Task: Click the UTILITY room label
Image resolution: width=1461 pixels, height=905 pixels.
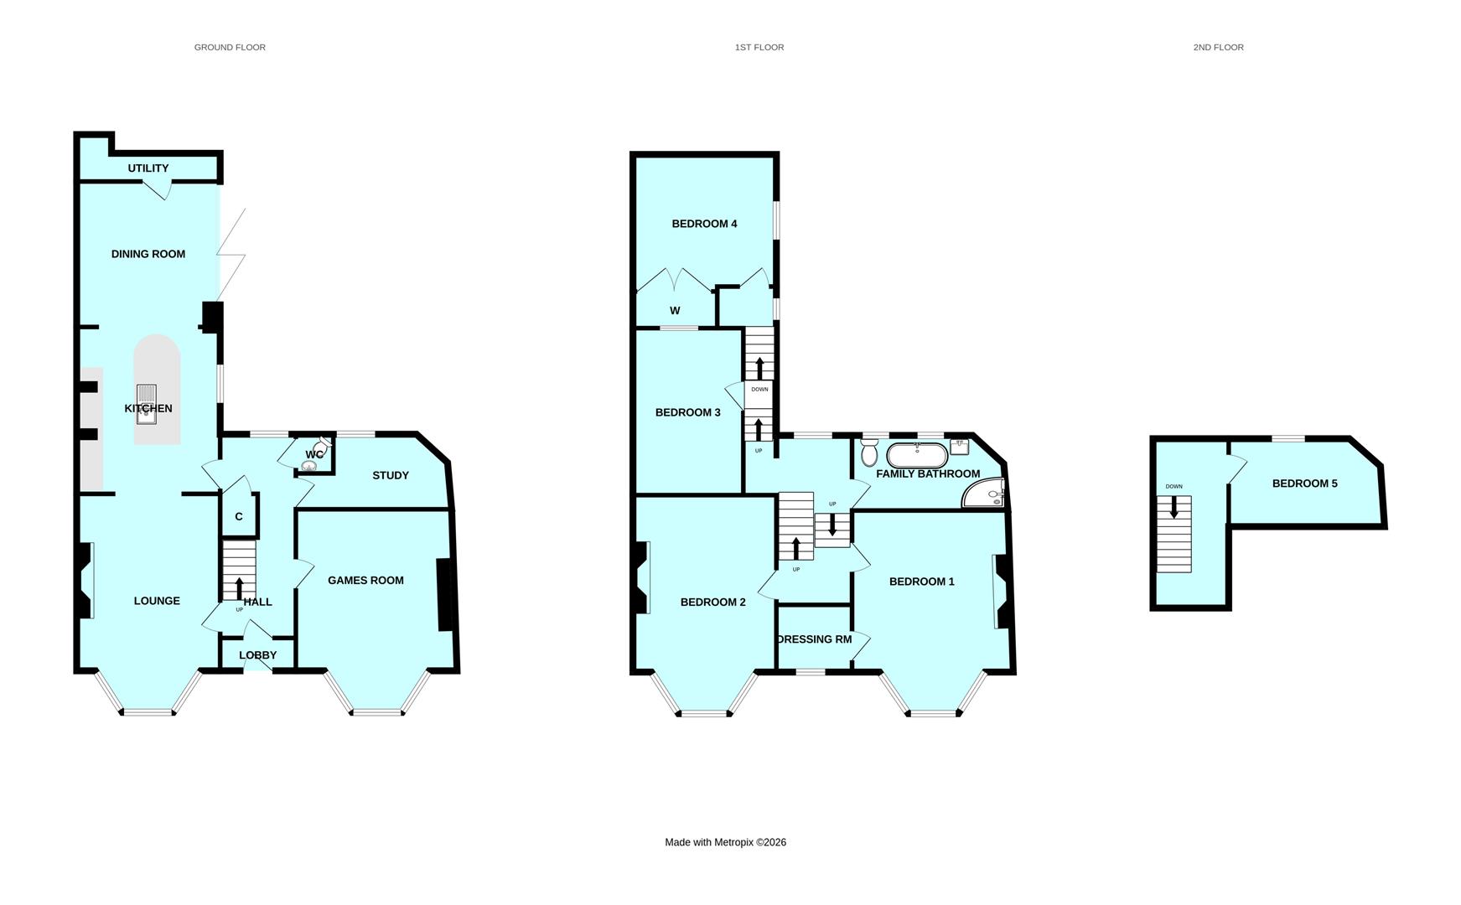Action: click(148, 168)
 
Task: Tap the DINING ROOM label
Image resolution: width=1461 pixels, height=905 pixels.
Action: click(148, 254)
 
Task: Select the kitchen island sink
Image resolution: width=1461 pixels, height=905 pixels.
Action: click(147, 404)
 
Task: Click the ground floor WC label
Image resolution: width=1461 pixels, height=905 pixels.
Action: click(314, 455)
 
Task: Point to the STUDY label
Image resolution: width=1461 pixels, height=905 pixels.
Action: click(391, 476)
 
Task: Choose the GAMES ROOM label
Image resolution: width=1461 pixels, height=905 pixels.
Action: click(365, 581)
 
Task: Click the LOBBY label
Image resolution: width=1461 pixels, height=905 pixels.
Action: click(257, 655)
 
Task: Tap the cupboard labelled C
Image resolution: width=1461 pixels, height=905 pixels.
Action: click(239, 517)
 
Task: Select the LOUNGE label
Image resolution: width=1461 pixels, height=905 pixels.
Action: click(157, 601)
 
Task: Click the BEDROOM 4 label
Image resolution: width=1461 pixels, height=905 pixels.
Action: click(704, 224)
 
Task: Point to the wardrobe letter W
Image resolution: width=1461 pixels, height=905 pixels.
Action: click(675, 311)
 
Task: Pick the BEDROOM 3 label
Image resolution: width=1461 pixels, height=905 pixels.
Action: click(687, 412)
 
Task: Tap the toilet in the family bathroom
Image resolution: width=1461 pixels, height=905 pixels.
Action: click(869, 453)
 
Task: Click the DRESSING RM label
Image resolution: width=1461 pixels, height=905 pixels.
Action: click(814, 639)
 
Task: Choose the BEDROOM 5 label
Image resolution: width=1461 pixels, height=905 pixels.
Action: click(1304, 484)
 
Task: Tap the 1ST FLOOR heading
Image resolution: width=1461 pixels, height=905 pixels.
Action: click(759, 48)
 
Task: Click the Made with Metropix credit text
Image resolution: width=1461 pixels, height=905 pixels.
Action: click(725, 842)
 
